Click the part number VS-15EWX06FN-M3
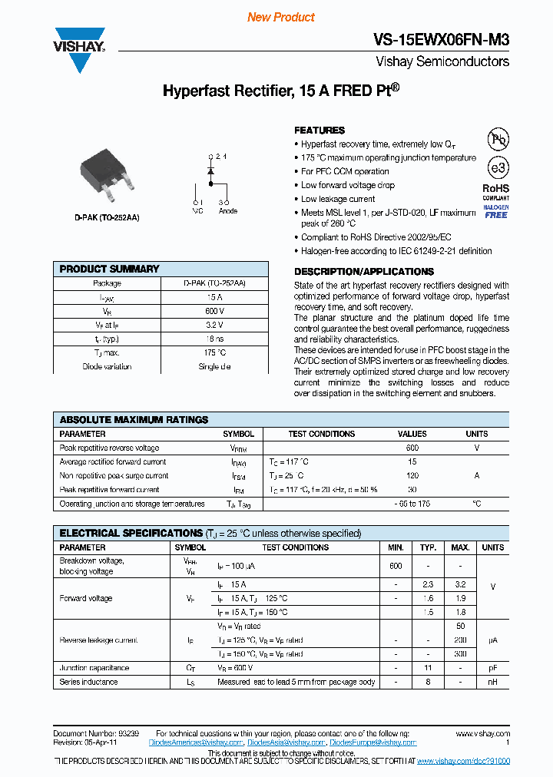coord(441,40)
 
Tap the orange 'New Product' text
coord(280,17)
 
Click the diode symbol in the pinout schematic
coord(210,172)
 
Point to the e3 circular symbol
coord(497,167)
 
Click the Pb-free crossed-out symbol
coord(498,138)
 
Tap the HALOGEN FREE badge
coord(495,210)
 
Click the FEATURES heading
coord(320,131)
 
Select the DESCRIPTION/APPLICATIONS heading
coord(363,272)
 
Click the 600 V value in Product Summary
coord(214,311)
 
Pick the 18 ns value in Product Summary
coord(214,339)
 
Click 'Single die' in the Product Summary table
coord(214,366)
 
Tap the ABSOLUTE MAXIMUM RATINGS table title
coord(134,420)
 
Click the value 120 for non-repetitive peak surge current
coord(412,476)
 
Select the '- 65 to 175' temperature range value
coord(412,504)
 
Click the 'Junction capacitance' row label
coord(94,668)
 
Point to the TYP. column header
coord(428,547)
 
